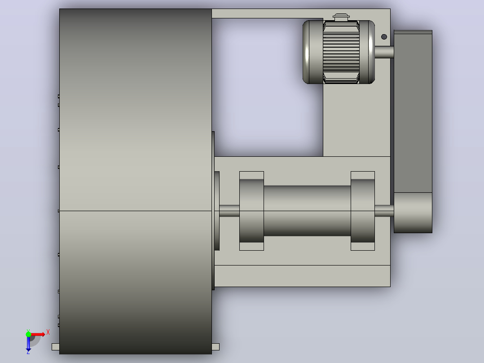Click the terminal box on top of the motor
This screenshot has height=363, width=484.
[x=341, y=17]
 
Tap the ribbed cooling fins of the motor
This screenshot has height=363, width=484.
[x=341, y=52]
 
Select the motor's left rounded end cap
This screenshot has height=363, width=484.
[x=312, y=52]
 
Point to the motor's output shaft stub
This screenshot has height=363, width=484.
[x=384, y=52]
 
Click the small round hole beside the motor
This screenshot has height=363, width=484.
[x=384, y=37]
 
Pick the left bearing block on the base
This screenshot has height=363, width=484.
[x=251, y=211]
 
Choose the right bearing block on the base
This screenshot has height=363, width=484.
[x=363, y=211]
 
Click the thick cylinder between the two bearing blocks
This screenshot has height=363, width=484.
[x=307, y=211]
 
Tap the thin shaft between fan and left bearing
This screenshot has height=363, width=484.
[x=229, y=211]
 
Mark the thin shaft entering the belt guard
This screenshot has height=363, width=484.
[x=384, y=211]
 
